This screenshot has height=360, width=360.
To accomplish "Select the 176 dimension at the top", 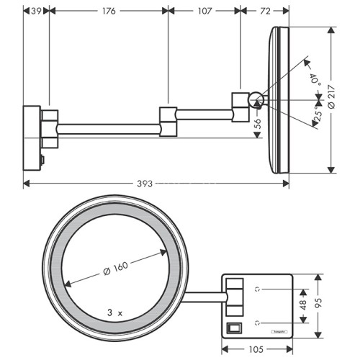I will pyautogui.click(x=109, y=11).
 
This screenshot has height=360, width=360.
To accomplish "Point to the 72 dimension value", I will pyautogui.click(x=265, y=11).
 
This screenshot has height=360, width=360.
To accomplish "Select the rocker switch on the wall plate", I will pyautogui.click(x=233, y=328).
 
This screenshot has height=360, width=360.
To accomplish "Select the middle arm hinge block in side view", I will pyautogui.click(x=168, y=120).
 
